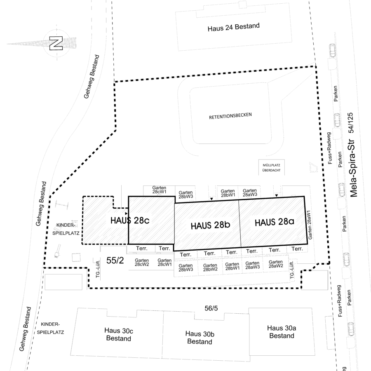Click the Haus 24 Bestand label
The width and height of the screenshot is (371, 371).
pos(234,27)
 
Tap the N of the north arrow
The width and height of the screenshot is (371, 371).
pos(56,43)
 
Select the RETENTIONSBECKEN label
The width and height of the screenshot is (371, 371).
pos(230,116)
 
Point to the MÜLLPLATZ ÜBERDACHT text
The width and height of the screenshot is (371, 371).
pos(271,167)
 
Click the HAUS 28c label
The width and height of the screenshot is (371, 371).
pos(130,220)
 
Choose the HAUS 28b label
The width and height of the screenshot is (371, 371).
pos(210,225)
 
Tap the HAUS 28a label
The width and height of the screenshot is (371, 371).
pos(275,222)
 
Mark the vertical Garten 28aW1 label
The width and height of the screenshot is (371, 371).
pos(309,225)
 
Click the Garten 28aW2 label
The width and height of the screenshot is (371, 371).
pos(276,264)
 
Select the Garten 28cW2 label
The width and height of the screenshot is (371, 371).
pos(142,263)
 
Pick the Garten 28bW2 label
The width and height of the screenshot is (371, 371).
pos(210,268)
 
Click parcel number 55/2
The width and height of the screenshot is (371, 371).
pos(115,260)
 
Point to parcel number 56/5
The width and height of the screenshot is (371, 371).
pos(211,308)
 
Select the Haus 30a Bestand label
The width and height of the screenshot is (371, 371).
pos(282,332)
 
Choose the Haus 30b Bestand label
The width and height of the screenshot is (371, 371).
pos(200,338)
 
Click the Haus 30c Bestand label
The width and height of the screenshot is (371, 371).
pos(119,334)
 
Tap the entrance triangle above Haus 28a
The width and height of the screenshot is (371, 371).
pos(276,195)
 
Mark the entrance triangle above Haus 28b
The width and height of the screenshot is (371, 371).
pos(211,199)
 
